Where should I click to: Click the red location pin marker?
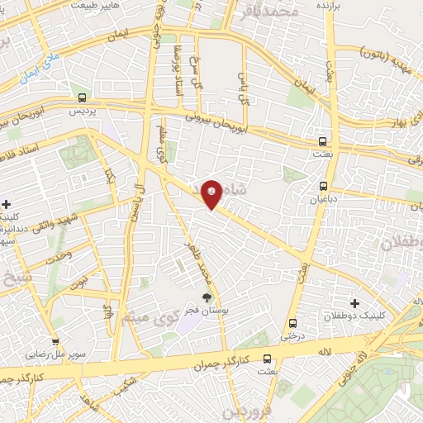211,194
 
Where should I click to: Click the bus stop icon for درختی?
292,323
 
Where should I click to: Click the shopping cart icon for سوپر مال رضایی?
55,342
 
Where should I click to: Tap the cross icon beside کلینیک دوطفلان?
355,305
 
